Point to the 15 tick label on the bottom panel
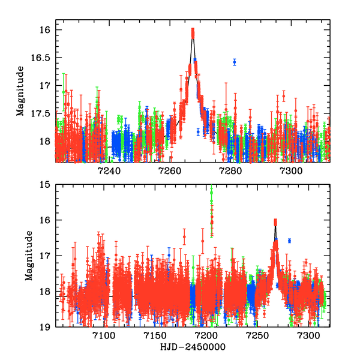[47, 185]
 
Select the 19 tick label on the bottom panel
[47, 327]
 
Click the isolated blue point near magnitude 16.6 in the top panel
[234, 62]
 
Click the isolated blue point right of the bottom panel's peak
[289, 241]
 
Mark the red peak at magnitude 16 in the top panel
[193, 31]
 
